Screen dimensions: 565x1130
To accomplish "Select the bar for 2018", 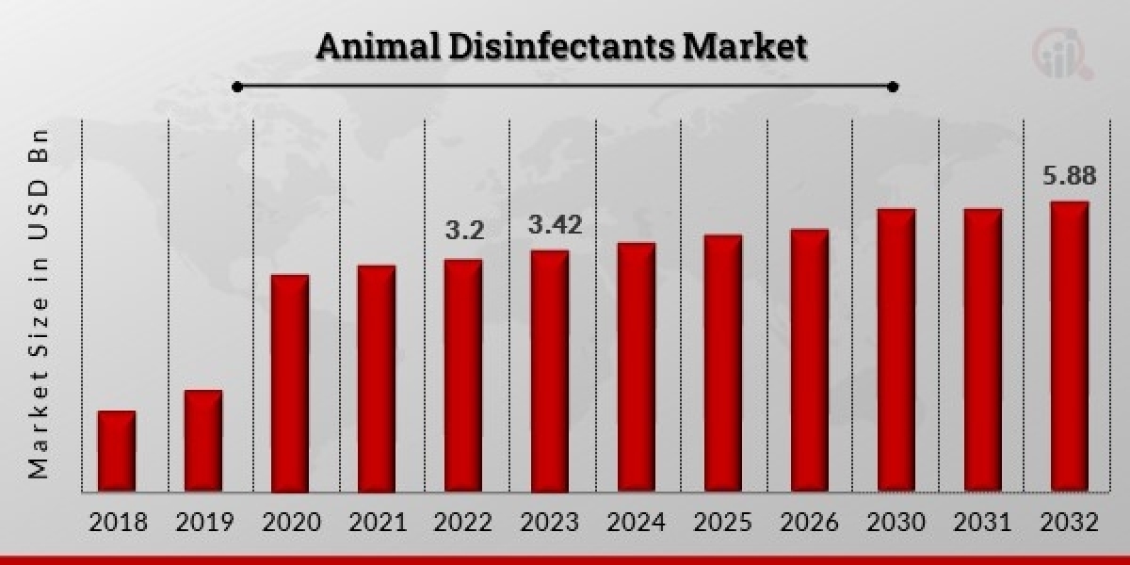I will click(x=117, y=451).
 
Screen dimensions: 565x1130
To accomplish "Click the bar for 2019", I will click(x=203, y=441).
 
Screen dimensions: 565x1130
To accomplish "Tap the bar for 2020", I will click(x=290, y=383).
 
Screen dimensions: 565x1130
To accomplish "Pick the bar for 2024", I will click(x=637, y=367).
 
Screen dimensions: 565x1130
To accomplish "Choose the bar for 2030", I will click(x=896, y=350).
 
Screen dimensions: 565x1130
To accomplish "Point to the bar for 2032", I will click(x=1070, y=347).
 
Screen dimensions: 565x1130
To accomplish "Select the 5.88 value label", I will click(x=1070, y=175).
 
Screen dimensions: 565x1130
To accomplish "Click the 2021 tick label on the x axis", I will click(x=377, y=523).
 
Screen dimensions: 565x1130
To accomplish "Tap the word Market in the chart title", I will click(x=744, y=47).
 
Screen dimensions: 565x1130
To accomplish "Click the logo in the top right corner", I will click(x=1061, y=55).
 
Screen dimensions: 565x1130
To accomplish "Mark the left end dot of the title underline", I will click(x=237, y=87).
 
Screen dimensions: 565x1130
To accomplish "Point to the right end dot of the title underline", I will click(x=893, y=87).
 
